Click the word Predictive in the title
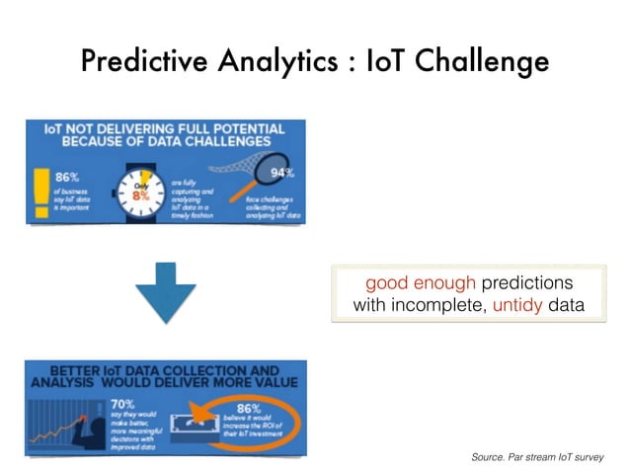point(139,61)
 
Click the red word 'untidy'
point(517,305)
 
